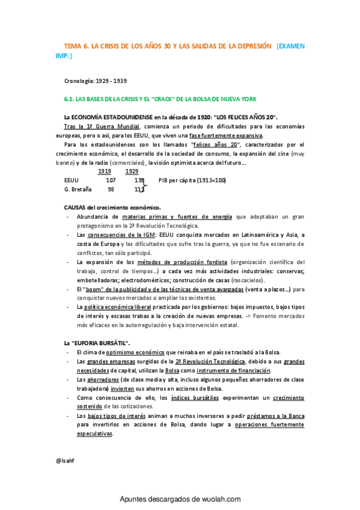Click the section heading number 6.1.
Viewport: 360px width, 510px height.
[x=70, y=99]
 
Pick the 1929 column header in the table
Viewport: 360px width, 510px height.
[x=132, y=171]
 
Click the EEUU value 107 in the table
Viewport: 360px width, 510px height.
[x=111, y=180]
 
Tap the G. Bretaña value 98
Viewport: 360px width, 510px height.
[x=111, y=189]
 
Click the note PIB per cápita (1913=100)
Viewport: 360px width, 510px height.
[x=192, y=180]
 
